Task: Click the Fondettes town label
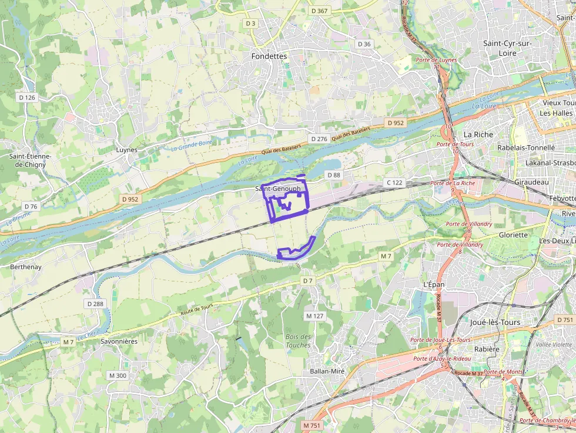269,56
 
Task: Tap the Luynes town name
126,150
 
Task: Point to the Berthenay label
25,267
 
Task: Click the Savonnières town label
119,341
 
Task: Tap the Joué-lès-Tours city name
495,323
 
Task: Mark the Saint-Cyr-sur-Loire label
507,48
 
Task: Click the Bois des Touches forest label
298,341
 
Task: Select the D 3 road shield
251,24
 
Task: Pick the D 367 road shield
319,11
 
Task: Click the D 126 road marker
27,98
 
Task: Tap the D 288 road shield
95,304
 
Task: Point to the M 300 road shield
118,375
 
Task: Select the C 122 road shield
394,183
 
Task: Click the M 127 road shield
314,316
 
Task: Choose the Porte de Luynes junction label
436,60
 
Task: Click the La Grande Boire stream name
191,145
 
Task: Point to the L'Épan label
434,284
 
